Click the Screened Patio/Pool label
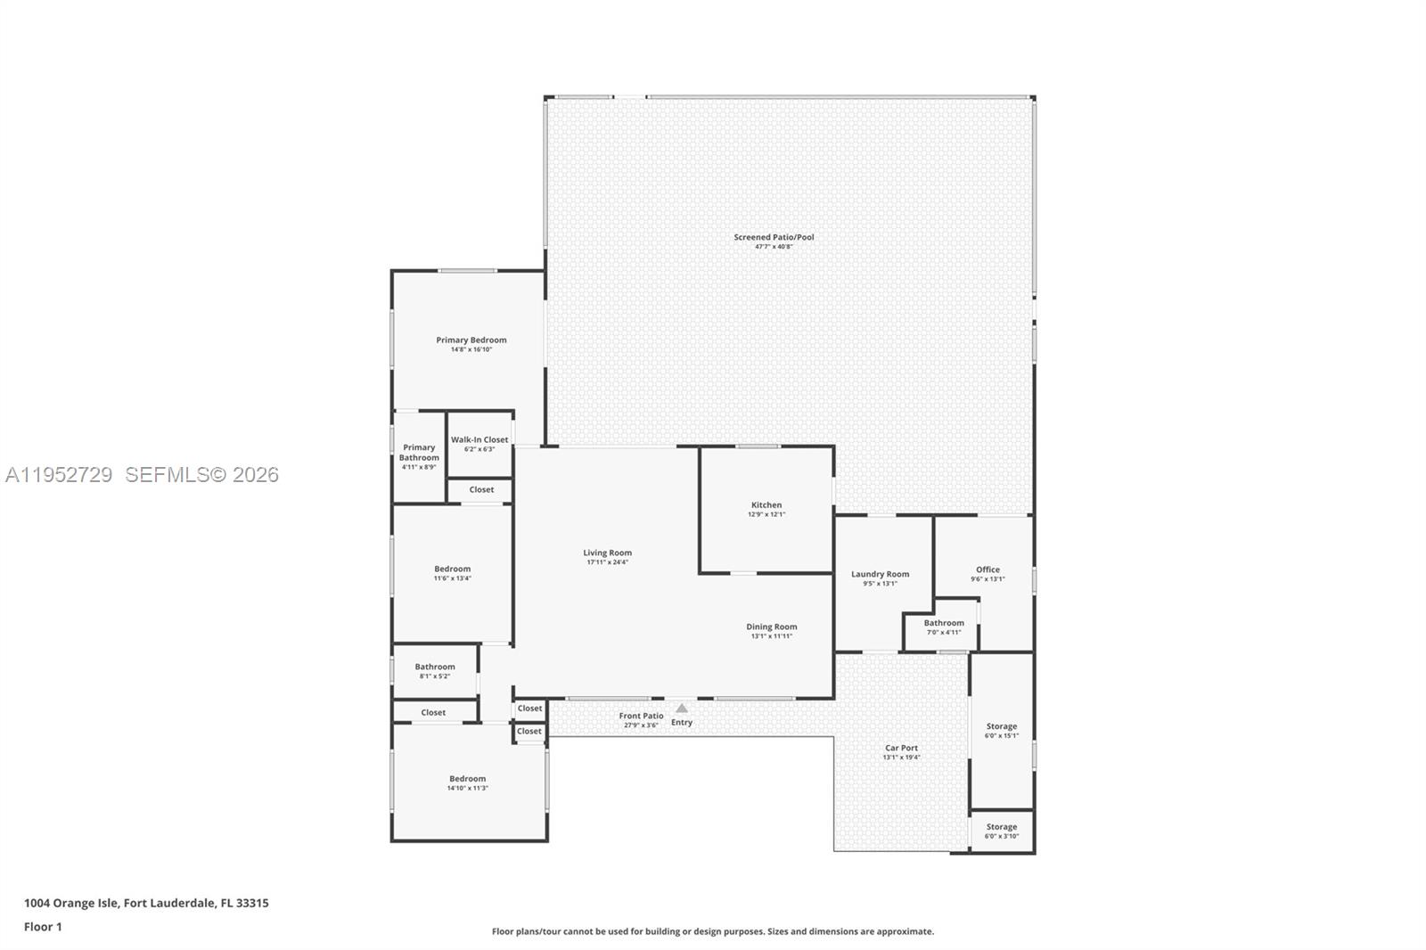coord(774,237)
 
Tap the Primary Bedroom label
coord(471,340)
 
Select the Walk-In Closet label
coord(479,439)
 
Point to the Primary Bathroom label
coord(419,452)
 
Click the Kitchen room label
coord(766,505)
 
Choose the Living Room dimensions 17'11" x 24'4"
coord(607,562)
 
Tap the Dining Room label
coord(771,627)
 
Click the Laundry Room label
coord(880,574)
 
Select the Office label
coord(988,569)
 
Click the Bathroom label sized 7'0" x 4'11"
coord(944,623)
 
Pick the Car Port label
coord(901,748)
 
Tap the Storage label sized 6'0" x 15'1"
coord(1001,726)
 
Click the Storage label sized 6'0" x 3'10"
coord(1001,827)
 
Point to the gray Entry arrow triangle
coord(682,709)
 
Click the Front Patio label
coord(641,716)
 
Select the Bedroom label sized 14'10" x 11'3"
coord(467,778)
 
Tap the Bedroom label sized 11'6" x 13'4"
coord(452,569)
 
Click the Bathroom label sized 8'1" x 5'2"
coord(435,667)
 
